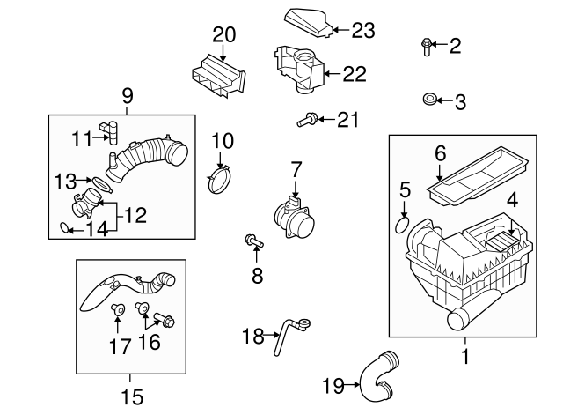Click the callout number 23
tap(363, 31)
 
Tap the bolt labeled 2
tap(427, 46)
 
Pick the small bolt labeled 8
tap(252, 240)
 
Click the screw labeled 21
tap(310, 117)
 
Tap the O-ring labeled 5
tap(400, 225)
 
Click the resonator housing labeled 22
tap(300, 68)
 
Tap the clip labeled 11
tap(110, 130)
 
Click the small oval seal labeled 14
tap(64, 229)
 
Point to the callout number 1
tap(464, 357)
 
